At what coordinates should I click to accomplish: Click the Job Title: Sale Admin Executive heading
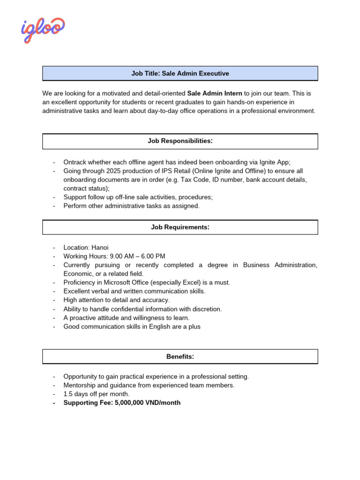pyautogui.click(x=180, y=74)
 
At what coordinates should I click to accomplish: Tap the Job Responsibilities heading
pyautogui.click(x=180, y=141)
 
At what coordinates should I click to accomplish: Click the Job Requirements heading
pyautogui.click(x=180, y=227)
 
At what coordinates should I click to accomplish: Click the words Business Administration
pyautogui.click(x=280, y=265)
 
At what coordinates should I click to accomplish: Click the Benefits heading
pyautogui.click(x=180, y=357)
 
